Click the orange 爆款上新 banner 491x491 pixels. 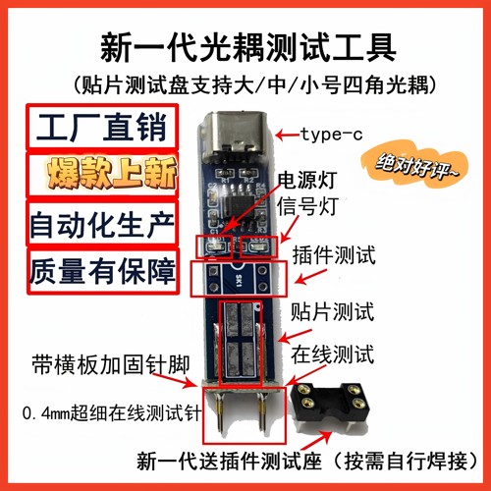pyautogui.click(x=101, y=177)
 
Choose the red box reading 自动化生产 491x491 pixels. pyautogui.click(x=101, y=224)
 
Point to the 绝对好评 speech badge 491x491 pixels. pyautogui.click(x=417, y=168)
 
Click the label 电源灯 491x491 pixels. pyautogui.click(x=311, y=182)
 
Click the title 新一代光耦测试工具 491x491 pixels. pyautogui.click(x=245, y=45)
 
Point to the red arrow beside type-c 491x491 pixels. pyautogui.click(x=286, y=134)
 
